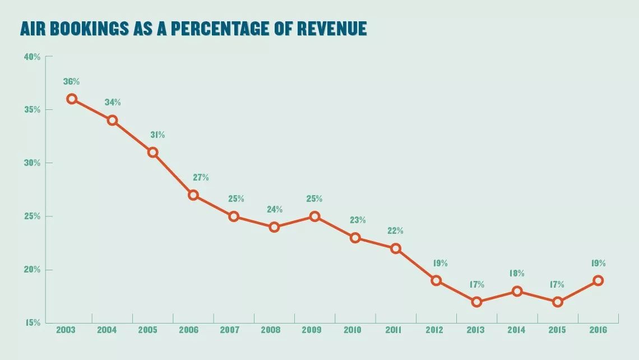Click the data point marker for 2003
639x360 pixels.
(72, 99)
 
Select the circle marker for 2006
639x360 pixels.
(193, 195)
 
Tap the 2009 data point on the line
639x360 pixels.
(314, 216)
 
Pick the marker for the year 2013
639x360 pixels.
(476, 302)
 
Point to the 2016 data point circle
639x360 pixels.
(598, 280)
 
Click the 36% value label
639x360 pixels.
(71, 82)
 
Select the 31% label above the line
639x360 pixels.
(158, 135)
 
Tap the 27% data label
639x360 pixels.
(200, 178)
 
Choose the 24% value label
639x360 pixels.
(274, 210)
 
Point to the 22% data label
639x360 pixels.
(395, 231)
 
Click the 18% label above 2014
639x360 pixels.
(517, 274)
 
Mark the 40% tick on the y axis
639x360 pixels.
(32, 57)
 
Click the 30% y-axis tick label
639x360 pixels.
(32, 163)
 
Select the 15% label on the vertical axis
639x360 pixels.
(32, 323)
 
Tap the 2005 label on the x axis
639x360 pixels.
(147, 330)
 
